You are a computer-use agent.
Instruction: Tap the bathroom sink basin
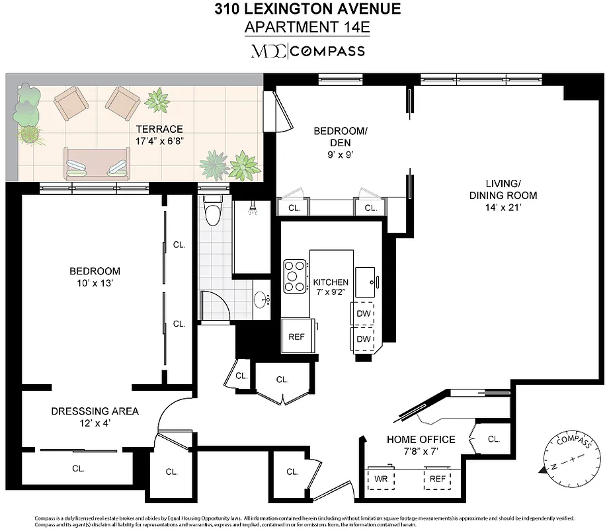[263, 300]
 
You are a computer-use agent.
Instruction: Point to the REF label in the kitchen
[296, 337]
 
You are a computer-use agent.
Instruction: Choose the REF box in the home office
[436, 479]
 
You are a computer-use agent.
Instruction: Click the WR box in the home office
[381, 479]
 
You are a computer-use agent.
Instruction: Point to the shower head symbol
[252, 210]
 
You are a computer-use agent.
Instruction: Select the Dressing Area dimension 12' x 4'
[95, 424]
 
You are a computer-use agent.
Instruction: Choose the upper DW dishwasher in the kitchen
[363, 313]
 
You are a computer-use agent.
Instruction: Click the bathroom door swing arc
[215, 304]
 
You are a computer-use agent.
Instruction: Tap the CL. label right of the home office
[493, 438]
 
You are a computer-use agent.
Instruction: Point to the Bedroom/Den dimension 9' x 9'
[341, 155]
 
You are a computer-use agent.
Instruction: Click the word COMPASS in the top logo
[329, 51]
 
